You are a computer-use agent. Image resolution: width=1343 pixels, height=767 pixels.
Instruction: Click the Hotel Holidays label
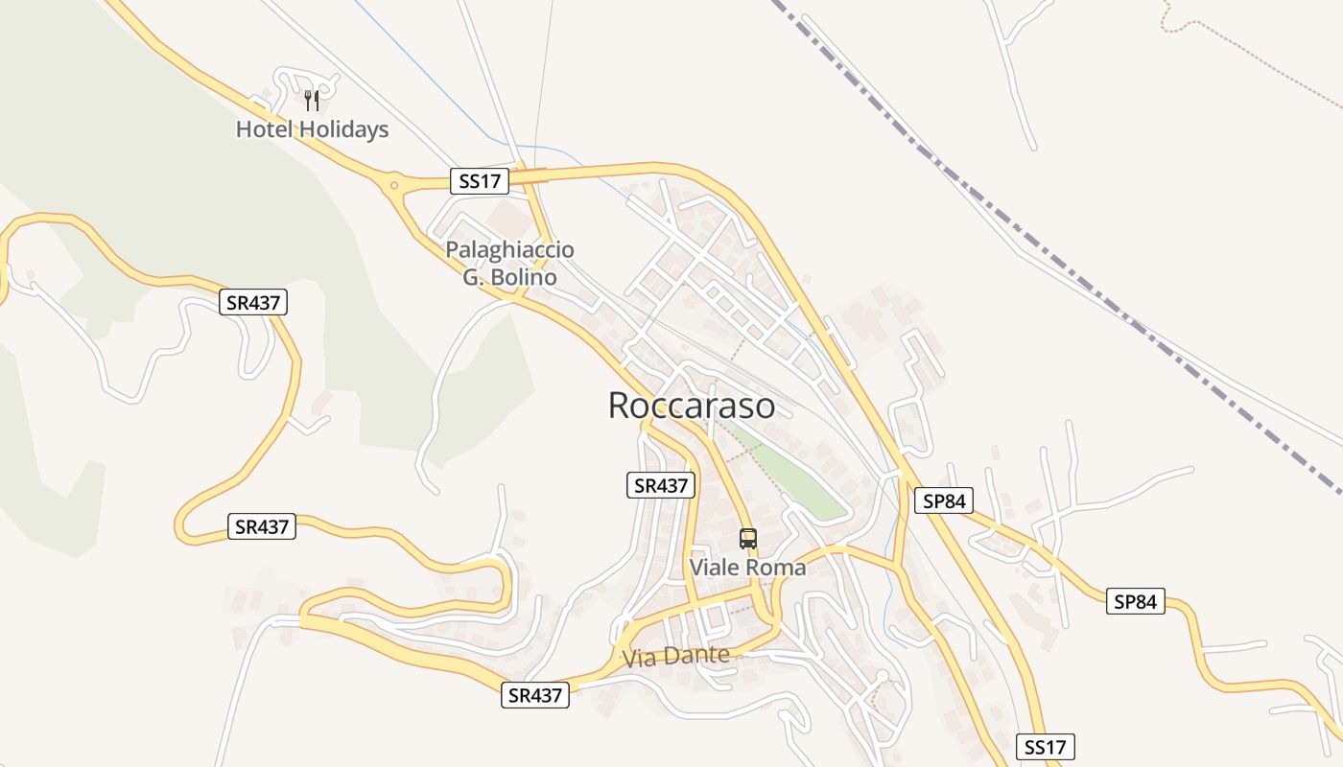[x=312, y=129]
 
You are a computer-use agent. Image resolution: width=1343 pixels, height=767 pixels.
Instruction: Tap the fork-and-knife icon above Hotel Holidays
[x=311, y=100]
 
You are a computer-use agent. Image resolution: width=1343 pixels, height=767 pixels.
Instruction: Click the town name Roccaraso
[x=692, y=406]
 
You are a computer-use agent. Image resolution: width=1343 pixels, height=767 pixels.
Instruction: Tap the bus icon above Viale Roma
[x=748, y=538]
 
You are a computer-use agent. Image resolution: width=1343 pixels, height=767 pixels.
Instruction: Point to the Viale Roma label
[x=748, y=568]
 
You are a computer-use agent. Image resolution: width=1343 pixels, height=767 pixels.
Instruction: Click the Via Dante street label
[x=675, y=657]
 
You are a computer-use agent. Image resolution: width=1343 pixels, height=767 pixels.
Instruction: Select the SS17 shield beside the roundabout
[x=479, y=180]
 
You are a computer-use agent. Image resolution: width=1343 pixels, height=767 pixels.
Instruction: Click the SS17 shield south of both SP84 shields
[x=1046, y=747]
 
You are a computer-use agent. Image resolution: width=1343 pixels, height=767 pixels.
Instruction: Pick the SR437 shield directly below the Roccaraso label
[x=660, y=485]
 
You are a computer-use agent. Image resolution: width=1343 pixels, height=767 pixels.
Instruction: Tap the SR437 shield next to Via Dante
[x=535, y=695]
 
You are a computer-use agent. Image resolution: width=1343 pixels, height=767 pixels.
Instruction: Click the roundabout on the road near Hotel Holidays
[x=393, y=182]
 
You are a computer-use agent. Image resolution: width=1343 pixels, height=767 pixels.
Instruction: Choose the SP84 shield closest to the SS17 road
[x=944, y=500]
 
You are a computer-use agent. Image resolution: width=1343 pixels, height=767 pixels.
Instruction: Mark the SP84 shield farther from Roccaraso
[x=1136, y=601]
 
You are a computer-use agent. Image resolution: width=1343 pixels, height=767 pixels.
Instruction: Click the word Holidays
[x=342, y=129]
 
